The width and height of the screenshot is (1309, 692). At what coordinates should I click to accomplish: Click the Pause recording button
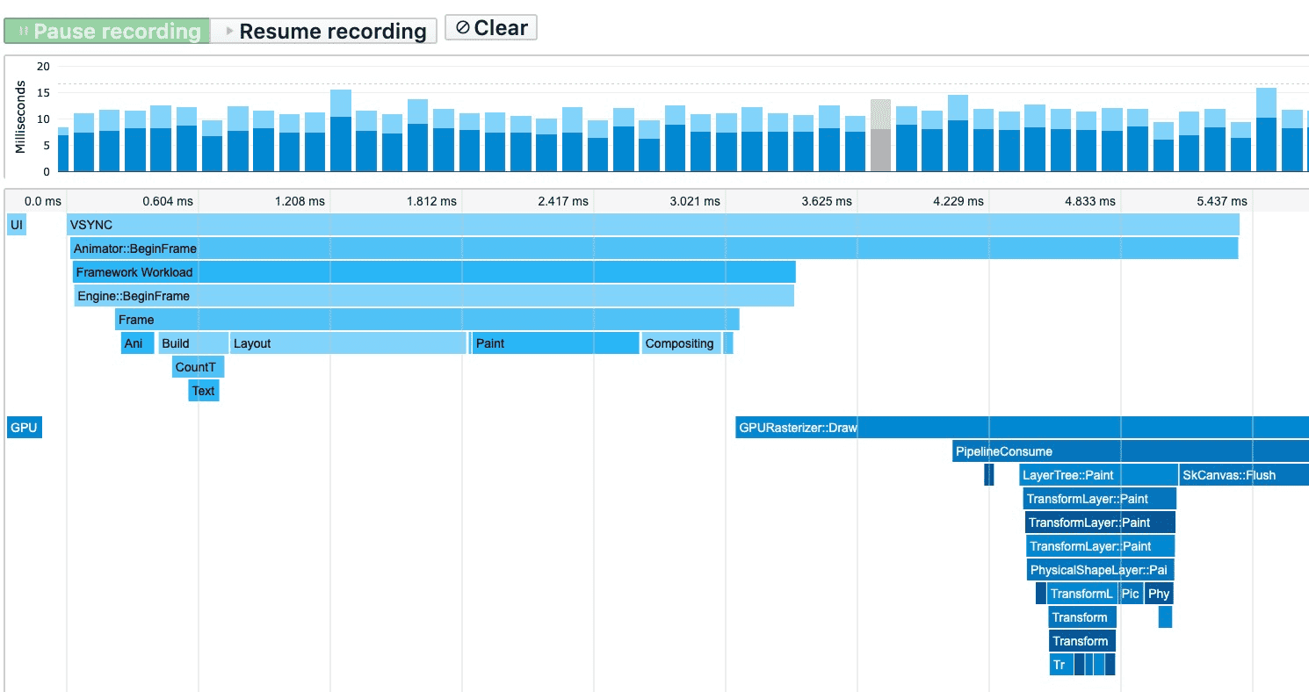107,32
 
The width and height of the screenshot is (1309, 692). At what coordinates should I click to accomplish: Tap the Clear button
491,28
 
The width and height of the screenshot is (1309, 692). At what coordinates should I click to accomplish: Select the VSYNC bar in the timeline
653,225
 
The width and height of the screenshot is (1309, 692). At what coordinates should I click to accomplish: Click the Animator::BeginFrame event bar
654,249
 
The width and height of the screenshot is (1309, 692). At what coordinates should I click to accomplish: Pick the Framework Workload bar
434,272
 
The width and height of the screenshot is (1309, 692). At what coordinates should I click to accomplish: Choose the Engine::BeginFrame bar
434,296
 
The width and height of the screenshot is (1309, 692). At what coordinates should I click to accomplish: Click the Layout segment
348,343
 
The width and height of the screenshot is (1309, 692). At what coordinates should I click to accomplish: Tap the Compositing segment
681,343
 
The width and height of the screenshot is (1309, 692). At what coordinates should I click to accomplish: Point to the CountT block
198,367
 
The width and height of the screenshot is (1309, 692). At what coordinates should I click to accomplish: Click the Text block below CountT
203,391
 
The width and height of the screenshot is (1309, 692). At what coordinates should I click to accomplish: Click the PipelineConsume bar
1131,451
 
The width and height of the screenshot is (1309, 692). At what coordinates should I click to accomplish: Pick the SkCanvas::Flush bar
1243,475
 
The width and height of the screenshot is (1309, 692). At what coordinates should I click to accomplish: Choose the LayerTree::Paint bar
1098,475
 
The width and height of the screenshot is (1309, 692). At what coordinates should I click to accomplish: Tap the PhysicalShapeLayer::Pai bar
1101,570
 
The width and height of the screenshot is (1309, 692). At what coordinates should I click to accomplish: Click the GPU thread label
24,429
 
